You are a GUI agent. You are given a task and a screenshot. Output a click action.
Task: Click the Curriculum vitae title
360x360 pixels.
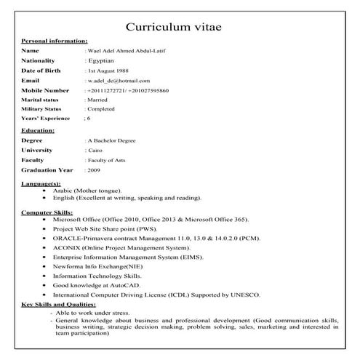(x=179, y=27)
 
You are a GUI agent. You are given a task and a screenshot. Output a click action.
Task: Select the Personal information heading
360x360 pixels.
(x=55, y=41)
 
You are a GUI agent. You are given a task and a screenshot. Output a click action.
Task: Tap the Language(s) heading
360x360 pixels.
(x=41, y=185)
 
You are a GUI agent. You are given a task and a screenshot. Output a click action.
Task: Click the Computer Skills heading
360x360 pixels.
(x=47, y=212)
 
